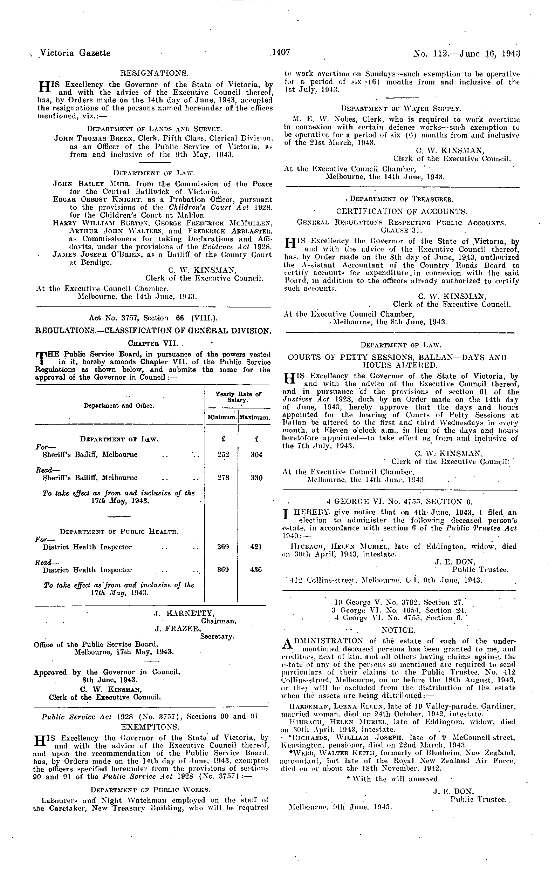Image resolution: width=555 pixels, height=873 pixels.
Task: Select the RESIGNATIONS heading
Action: (154, 74)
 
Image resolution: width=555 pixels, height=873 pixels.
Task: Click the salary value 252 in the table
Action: (223, 455)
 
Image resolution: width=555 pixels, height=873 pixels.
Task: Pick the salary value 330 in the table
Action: (256, 478)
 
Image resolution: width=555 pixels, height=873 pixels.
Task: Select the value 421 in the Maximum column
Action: (256, 547)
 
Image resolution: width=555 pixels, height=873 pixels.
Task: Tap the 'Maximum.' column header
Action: (255, 418)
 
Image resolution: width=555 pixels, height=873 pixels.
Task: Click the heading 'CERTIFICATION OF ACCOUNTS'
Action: (402, 211)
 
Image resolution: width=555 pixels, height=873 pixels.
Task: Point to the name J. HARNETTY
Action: (184, 614)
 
